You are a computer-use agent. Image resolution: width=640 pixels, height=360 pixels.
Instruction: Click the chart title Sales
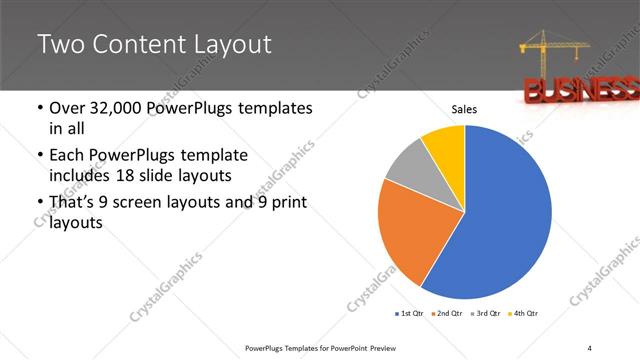464,109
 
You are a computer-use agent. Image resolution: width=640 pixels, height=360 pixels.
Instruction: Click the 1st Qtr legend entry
410,314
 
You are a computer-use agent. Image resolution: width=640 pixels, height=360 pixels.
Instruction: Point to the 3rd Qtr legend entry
484,314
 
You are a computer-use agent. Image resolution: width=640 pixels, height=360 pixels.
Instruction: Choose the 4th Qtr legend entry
521,314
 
